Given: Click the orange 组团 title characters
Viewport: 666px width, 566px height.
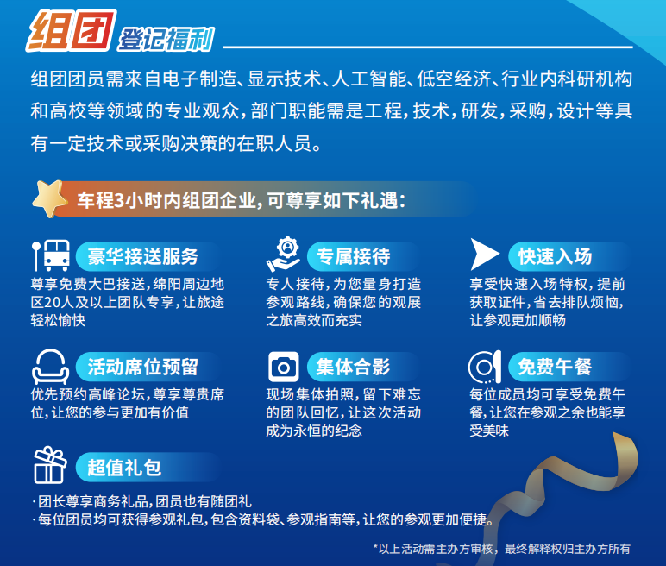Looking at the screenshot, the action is click(x=71, y=30).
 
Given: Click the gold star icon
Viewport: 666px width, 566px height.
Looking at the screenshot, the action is click(x=50, y=198).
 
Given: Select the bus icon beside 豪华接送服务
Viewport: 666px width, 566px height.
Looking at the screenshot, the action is click(x=52, y=255).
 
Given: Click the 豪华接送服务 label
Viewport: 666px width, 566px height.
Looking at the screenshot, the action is click(x=142, y=256).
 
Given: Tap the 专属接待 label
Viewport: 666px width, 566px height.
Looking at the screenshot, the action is click(x=353, y=256).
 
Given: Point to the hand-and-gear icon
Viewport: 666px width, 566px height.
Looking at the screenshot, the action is click(x=283, y=255).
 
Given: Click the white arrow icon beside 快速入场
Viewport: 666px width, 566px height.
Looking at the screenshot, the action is click(x=484, y=255).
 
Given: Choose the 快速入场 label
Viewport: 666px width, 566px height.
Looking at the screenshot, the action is click(x=555, y=256).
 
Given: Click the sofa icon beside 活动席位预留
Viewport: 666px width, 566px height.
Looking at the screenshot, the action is click(x=50, y=367).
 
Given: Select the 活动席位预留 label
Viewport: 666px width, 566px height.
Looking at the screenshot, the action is click(x=142, y=367).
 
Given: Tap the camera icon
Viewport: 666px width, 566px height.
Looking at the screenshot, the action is click(x=283, y=367).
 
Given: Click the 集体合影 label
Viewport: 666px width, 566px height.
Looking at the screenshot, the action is click(x=353, y=367).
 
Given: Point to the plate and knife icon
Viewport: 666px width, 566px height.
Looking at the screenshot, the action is click(x=485, y=367).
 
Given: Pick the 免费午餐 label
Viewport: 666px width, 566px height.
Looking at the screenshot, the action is click(x=555, y=367).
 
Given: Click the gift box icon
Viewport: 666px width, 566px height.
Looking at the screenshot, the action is click(x=50, y=465).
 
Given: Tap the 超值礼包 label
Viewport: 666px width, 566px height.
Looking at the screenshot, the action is click(x=124, y=468).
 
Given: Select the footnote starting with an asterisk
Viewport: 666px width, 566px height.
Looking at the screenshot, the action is click(x=501, y=549).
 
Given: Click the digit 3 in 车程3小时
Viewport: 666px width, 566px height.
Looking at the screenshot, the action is click(x=119, y=200).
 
